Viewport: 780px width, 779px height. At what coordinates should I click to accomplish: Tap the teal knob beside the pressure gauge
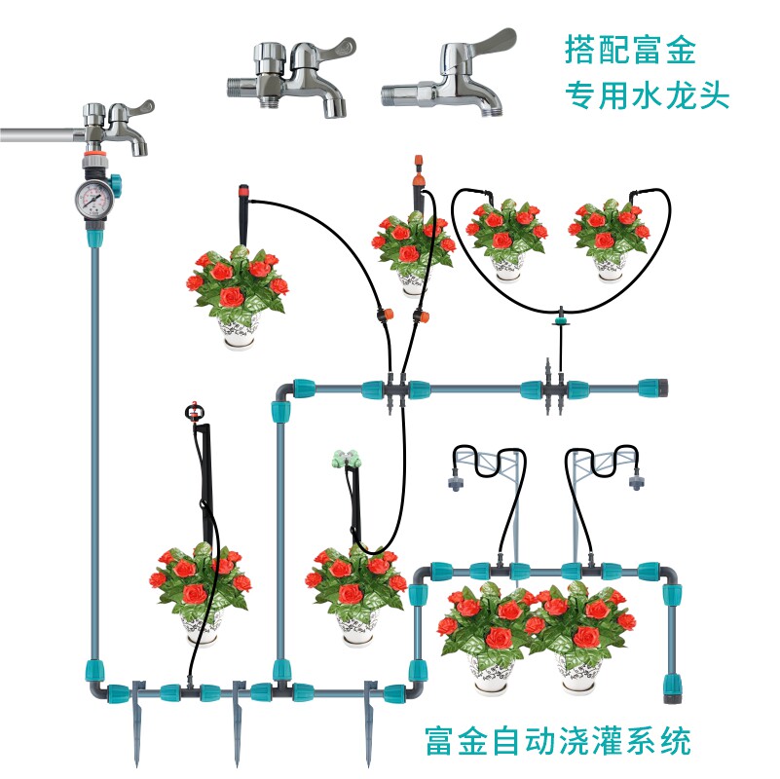114,181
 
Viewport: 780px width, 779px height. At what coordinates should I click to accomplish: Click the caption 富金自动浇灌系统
558,740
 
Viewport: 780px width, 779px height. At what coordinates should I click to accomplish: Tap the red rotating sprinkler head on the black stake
197,410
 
